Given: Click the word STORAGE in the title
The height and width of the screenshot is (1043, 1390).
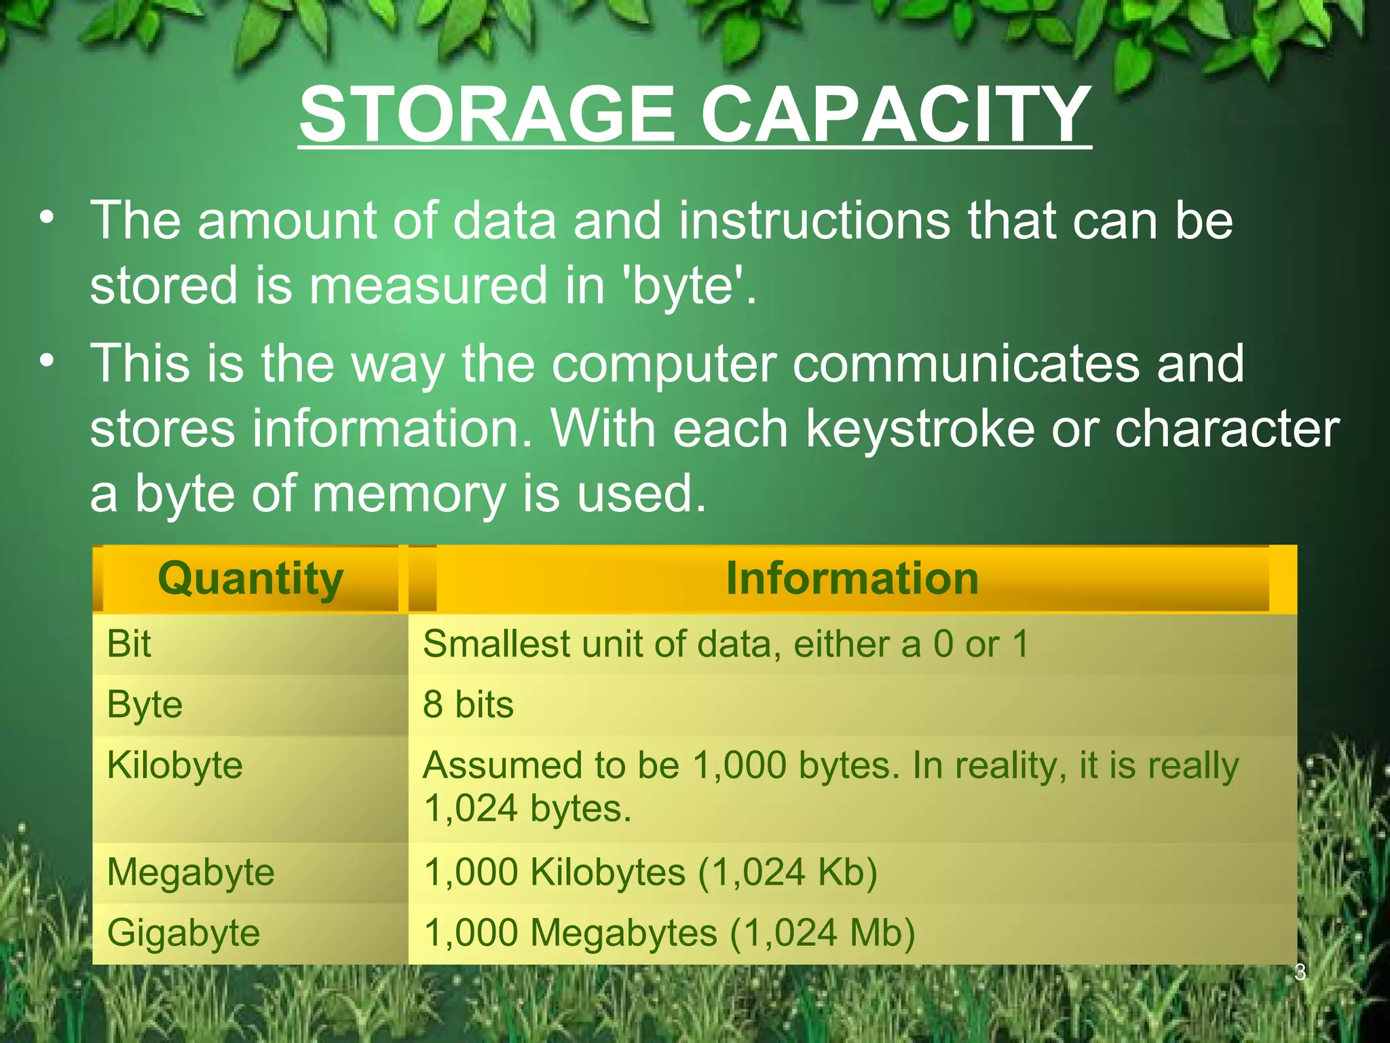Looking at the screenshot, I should (x=487, y=114).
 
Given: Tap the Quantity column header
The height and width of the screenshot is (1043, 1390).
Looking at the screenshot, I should (x=250, y=579).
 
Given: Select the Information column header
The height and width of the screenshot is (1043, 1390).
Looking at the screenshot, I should (x=852, y=579).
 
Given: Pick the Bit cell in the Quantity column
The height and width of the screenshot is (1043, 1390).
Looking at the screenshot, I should (x=129, y=644).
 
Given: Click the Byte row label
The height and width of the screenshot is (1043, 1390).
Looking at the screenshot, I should (x=145, y=705).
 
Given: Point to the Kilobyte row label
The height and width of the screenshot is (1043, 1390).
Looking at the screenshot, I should (x=174, y=765).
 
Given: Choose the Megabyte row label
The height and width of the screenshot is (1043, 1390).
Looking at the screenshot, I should (x=191, y=872).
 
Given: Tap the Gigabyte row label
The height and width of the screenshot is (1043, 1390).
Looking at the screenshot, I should (x=183, y=932).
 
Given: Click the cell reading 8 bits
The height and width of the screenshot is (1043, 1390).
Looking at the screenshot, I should (x=468, y=704).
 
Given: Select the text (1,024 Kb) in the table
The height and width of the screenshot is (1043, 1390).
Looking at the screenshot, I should (x=787, y=872).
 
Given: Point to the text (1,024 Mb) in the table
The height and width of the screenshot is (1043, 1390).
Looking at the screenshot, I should (x=823, y=932).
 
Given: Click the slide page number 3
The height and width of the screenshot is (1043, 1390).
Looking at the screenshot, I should (x=1300, y=972).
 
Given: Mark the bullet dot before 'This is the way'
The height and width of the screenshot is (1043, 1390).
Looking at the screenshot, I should (x=46, y=361).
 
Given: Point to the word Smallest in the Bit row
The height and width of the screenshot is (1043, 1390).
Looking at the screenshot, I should (x=495, y=644).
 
